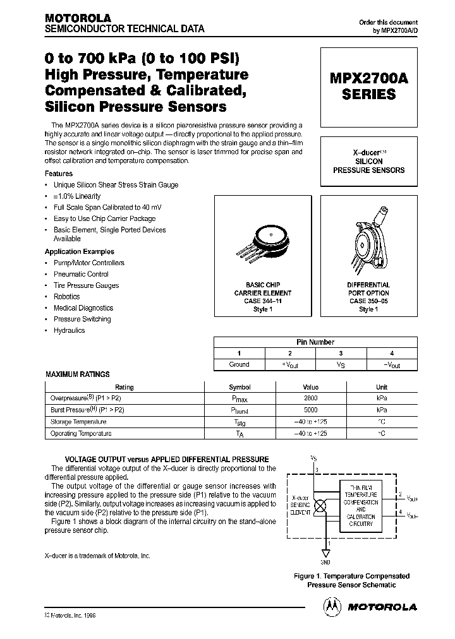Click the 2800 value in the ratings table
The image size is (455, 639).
[x=310, y=398]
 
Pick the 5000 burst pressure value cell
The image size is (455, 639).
[x=310, y=410]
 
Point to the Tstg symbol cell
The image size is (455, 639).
[x=240, y=422]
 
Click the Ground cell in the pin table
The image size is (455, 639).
[x=239, y=364]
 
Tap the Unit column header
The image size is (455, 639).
[x=382, y=387]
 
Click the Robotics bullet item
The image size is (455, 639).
[x=66, y=297]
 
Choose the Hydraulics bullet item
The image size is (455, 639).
[x=69, y=330]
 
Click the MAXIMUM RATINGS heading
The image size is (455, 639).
[x=77, y=374]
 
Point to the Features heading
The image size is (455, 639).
[x=59, y=174]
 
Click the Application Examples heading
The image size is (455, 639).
[x=80, y=251]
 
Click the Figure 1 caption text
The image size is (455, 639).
[x=351, y=580]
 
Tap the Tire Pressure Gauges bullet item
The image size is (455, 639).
[x=86, y=285]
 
